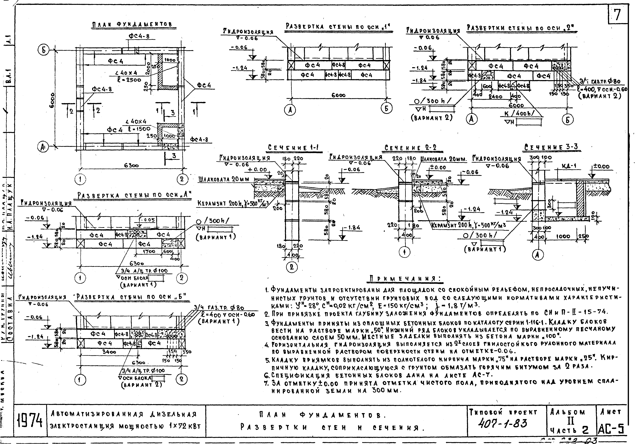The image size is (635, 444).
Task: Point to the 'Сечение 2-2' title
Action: click(410, 148)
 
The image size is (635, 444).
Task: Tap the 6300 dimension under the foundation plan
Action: click(131, 166)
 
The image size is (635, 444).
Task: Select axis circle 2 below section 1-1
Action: click(291, 267)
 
